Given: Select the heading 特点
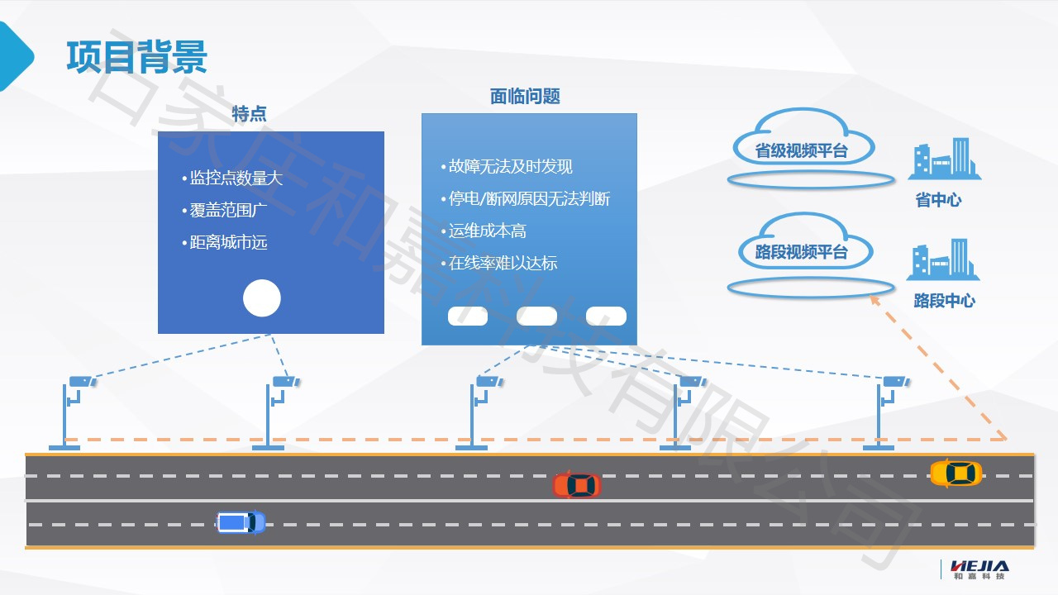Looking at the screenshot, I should coord(249,114).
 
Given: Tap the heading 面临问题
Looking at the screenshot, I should coord(525,96).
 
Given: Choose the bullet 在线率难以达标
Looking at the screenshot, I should coord(503,264).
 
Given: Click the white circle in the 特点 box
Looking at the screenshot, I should coord(262,298).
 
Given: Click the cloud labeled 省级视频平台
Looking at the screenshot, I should coord(802,144).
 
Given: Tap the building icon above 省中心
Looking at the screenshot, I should coord(944,159).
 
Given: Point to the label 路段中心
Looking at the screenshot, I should coord(944,301).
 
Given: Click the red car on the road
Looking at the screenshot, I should coord(577,485).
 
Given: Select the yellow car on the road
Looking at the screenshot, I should coord(956,474).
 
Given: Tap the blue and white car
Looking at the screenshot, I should coord(241,522).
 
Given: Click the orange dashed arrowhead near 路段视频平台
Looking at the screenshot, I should coord(874,301).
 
